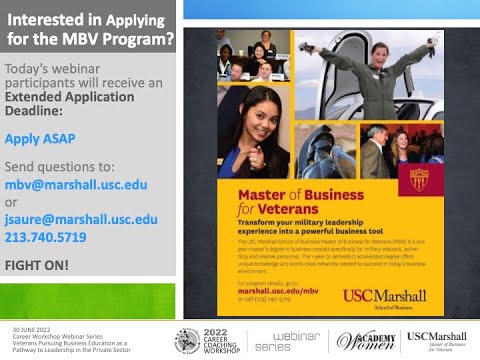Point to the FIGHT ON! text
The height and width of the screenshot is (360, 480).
37,265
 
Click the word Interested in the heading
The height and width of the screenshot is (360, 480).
46,19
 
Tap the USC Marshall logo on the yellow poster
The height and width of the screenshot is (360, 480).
384,296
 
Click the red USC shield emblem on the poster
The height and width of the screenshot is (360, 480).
419,179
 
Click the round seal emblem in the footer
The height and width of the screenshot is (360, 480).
188,341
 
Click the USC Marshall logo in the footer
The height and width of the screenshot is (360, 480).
436,339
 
